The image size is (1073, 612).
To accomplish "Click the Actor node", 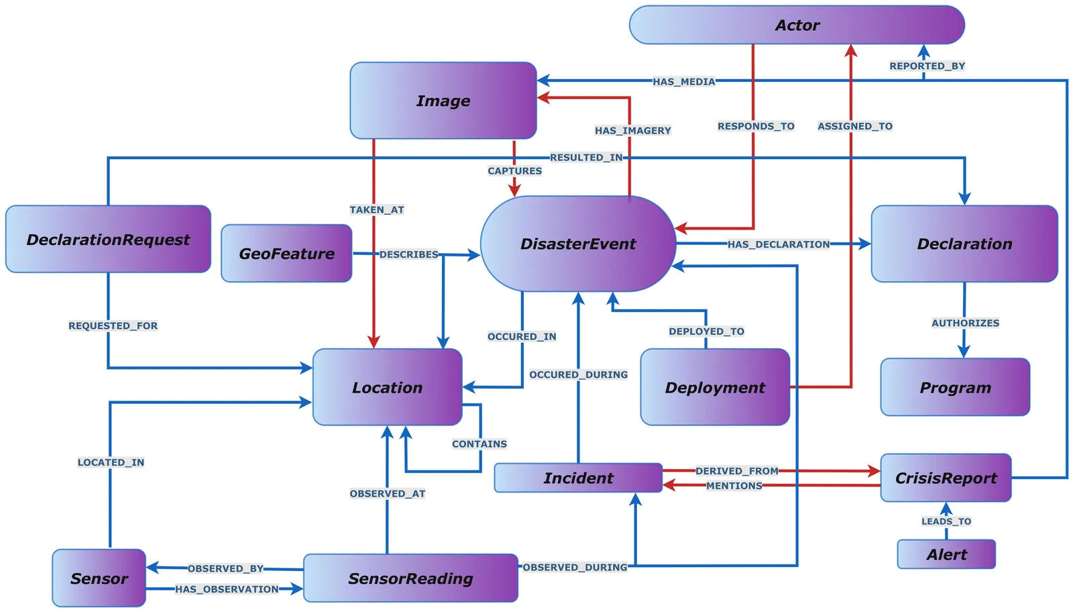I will click(797, 25).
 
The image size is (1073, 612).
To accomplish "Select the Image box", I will click(443, 101).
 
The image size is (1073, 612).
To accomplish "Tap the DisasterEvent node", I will click(578, 244).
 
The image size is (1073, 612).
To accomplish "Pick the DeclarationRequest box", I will click(108, 240).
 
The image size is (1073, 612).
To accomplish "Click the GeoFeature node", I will click(286, 254).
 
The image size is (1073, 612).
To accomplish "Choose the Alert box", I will click(946, 554).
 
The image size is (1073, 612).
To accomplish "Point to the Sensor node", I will click(99, 578).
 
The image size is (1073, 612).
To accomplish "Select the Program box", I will click(955, 387).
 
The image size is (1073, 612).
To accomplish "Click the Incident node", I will click(578, 478).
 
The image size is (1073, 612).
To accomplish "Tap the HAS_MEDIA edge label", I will click(683, 82).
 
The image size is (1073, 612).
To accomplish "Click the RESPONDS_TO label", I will click(756, 126).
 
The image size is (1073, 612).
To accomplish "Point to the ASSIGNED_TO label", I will click(854, 126).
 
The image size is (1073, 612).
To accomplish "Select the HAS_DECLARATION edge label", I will click(778, 244).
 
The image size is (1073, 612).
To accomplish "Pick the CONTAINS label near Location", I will click(479, 444).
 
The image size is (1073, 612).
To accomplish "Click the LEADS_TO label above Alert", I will click(946, 521).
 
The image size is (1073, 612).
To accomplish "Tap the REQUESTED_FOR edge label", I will click(113, 325).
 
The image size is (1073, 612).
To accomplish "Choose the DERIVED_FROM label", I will click(736, 471).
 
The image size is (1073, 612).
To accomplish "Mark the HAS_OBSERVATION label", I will click(227, 589).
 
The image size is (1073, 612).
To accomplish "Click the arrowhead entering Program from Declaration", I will click(964, 352).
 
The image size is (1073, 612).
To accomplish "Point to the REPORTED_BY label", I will click(927, 66).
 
